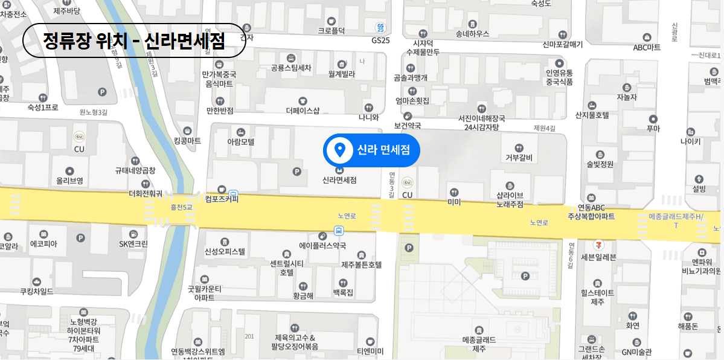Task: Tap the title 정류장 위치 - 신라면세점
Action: (134, 40)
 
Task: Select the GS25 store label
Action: (380, 40)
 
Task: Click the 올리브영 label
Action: (69, 180)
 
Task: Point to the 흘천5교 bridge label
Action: (181, 207)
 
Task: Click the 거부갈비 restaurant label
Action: (519, 158)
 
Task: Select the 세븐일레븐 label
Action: (598, 256)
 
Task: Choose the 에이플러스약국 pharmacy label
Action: (323, 245)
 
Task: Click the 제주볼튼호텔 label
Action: (362, 265)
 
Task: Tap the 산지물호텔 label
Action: (592, 115)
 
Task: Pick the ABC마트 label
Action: (647, 47)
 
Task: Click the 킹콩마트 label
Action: (187, 141)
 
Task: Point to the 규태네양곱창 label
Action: (135, 170)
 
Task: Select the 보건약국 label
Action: (407, 126)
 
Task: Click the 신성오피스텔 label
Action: (225, 251)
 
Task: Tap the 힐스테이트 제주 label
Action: (597, 297)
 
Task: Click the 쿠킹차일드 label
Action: (37, 291)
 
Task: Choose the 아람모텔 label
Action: (241, 142)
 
